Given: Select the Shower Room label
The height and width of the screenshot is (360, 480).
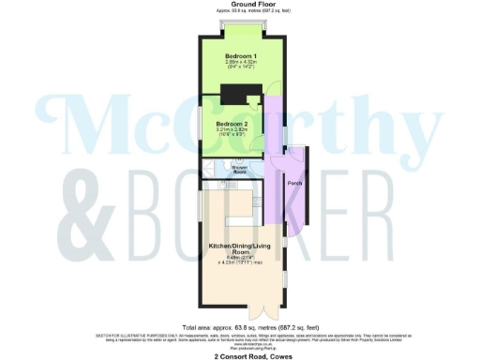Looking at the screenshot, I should point(240,171).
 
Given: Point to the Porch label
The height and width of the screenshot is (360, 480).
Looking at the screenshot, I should point(293,182).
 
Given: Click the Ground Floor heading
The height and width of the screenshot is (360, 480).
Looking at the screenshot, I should point(239,5).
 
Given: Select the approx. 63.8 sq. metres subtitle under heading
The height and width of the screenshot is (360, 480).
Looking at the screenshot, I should point(239,11).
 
